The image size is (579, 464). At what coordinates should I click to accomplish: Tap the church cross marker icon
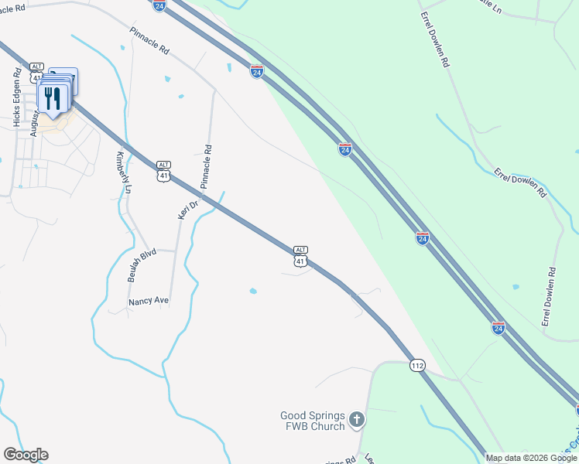point(356,420)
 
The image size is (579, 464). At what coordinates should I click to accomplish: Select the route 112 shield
point(418,365)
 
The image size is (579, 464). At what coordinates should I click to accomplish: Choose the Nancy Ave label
point(148,300)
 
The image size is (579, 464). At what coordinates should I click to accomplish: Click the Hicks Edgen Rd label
point(16,97)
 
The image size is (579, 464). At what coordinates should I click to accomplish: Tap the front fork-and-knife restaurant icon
point(52,98)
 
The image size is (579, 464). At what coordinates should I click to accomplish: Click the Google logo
point(26,454)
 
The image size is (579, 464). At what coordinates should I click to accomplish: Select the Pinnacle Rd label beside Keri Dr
point(206,167)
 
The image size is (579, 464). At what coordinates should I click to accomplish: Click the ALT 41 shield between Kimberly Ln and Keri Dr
point(163,172)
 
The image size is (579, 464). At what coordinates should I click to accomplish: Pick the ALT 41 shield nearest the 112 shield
point(300,257)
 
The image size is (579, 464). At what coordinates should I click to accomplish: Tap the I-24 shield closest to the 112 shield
point(499,328)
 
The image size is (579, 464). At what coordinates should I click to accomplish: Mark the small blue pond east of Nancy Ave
point(253,292)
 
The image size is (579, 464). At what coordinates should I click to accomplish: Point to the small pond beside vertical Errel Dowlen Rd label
point(516,287)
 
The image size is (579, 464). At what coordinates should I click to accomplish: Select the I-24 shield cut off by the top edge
point(159,5)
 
